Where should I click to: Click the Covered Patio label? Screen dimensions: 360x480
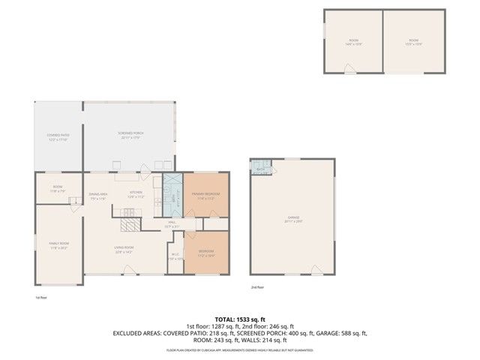[x=58, y=136]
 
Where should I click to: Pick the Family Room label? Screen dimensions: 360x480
[x=58, y=245]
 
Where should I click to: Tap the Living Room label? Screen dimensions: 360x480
[x=124, y=250]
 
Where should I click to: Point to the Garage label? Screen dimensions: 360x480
[x=292, y=218]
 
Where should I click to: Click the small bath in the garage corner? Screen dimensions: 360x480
[x=260, y=167]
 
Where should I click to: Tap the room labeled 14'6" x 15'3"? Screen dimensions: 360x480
[x=353, y=41]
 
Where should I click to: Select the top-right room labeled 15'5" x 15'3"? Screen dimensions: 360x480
[x=413, y=41]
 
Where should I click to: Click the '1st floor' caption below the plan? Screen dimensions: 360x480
[x=41, y=297]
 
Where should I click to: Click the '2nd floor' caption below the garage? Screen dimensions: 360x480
[x=258, y=286]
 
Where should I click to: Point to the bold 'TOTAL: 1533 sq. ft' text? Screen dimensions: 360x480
[x=239, y=319]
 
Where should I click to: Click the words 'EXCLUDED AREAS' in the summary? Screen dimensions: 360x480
[x=136, y=332]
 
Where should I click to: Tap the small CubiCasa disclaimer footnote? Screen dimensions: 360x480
[x=239, y=349]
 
